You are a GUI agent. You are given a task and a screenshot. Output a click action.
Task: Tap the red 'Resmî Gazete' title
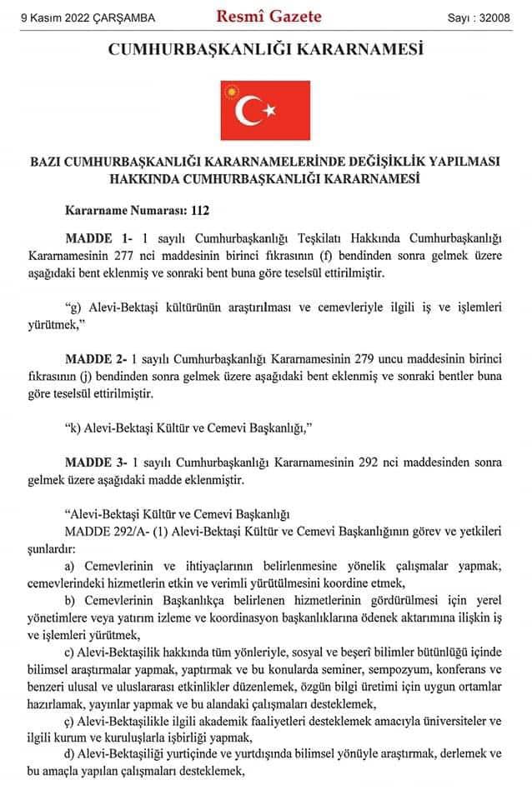pyautogui.click(x=269, y=15)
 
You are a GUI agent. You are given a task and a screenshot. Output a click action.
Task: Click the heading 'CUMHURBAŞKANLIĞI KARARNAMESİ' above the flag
pyautogui.click(x=266, y=50)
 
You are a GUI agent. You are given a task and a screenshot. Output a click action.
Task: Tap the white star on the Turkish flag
pyautogui.click(x=269, y=109)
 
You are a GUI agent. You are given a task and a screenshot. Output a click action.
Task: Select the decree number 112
pyautogui.click(x=198, y=212)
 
